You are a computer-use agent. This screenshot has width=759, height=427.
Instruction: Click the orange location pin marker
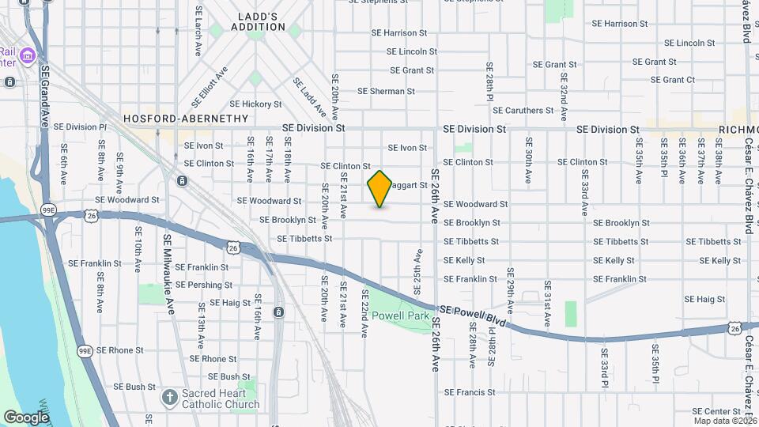pyautogui.click(x=380, y=189)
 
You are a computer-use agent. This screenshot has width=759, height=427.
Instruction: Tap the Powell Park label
pyautogui.click(x=401, y=316)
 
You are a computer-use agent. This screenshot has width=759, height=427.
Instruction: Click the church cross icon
pyautogui.click(x=168, y=397)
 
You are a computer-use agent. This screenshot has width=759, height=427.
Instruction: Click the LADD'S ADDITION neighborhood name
pyautogui.click(x=258, y=21)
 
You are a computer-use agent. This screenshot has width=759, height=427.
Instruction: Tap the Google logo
pyautogui.click(x=26, y=417)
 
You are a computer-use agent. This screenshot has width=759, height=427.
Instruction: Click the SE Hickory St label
pyautogui.click(x=255, y=104)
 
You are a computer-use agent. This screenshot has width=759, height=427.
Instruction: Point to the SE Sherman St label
pyautogui.click(x=386, y=92)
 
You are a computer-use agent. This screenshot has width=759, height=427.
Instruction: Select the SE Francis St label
pyautogui.click(x=470, y=392)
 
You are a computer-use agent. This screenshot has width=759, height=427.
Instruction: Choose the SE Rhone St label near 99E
pyautogui.click(x=116, y=350)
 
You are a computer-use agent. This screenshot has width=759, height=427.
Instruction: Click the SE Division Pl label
pyautogui.click(x=83, y=127)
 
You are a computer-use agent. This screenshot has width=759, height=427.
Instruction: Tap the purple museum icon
pyautogui.click(x=28, y=55)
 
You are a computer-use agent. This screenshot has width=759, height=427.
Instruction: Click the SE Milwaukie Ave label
pyautogui.click(x=168, y=263)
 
